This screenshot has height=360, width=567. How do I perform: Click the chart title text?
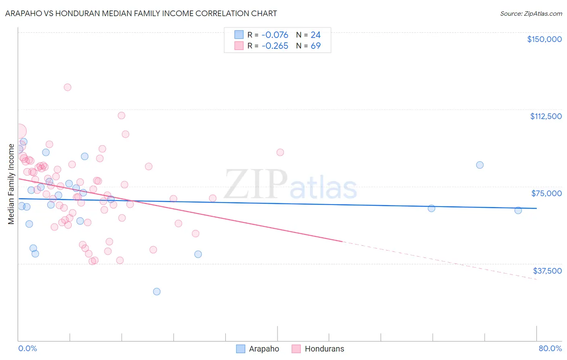pyautogui.click(x=141, y=13)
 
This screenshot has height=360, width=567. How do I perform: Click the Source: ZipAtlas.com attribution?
pyautogui.click(x=531, y=14)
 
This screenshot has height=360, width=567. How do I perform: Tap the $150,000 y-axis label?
pyautogui.click(x=544, y=39)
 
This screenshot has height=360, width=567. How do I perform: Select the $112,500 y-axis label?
pyautogui.click(x=546, y=116)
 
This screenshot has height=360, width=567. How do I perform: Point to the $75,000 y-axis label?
pyautogui.click(x=546, y=193)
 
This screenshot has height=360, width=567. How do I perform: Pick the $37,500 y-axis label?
pyautogui.click(x=547, y=271)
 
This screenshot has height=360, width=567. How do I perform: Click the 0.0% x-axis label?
pyautogui.click(x=27, y=348)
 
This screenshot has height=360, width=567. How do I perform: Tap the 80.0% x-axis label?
pyautogui.click(x=550, y=348)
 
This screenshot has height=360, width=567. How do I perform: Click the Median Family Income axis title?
pyautogui.click(x=11, y=184)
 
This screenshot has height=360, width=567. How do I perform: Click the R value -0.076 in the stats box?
pyautogui.click(x=275, y=35)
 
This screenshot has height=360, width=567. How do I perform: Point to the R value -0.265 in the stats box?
pyautogui.click(x=275, y=46)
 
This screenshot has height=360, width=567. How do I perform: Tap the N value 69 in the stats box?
pyautogui.click(x=316, y=46)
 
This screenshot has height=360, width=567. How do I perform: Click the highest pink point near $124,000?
pyautogui.click(x=67, y=87)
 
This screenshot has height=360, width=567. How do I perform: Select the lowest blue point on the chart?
pyautogui.click(x=157, y=291)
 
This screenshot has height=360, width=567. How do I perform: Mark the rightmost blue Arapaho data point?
pyautogui.click(x=518, y=210)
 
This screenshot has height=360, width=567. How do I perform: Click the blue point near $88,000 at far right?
pyautogui.click(x=479, y=165)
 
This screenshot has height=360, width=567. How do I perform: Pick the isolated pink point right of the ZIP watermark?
pyautogui.click(x=280, y=152)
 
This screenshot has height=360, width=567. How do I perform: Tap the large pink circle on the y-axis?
pyautogui.click(x=19, y=131)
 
